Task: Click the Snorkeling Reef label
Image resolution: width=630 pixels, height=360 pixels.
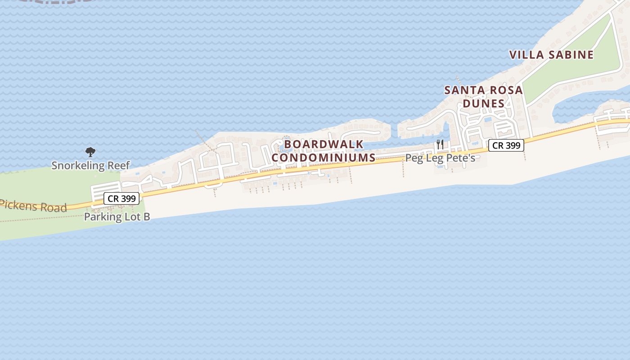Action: click(90, 165)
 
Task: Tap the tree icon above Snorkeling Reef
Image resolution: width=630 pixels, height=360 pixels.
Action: click(90, 152)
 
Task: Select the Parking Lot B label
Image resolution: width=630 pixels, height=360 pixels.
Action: click(117, 216)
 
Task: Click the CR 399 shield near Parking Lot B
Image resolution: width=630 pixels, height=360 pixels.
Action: click(121, 198)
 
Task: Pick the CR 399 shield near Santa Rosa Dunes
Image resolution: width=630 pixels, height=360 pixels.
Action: click(506, 145)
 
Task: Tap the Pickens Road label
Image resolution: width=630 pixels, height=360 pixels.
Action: click(34, 206)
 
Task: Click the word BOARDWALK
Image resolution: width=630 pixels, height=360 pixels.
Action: click(324, 144)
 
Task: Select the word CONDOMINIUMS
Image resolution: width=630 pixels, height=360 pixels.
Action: click(324, 157)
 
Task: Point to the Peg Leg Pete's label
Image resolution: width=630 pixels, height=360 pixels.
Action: click(440, 158)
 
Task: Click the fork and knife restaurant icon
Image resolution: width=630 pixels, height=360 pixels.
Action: click(440, 144)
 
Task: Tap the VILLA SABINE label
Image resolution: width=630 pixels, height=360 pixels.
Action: click(551, 55)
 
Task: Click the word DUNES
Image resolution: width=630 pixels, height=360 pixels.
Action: click(484, 103)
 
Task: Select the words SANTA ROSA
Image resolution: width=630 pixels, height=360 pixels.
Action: click(484, 90)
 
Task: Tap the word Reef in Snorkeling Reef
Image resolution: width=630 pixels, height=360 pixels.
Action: click(118, 165)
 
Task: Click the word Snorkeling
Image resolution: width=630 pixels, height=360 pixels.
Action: click(77, 165)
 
